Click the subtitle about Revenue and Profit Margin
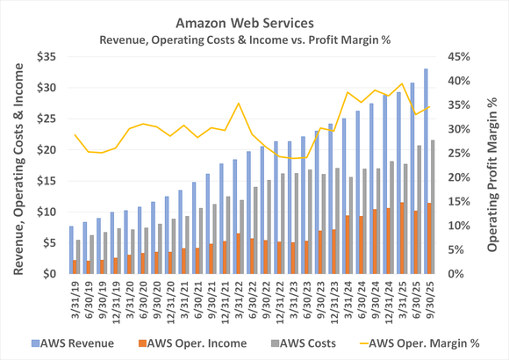pyautogui.click(x=254, y=39)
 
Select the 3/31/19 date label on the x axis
pyautogui.click(x=70, y=299)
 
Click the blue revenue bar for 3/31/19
pyautogui.click(x=71, y=250)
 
